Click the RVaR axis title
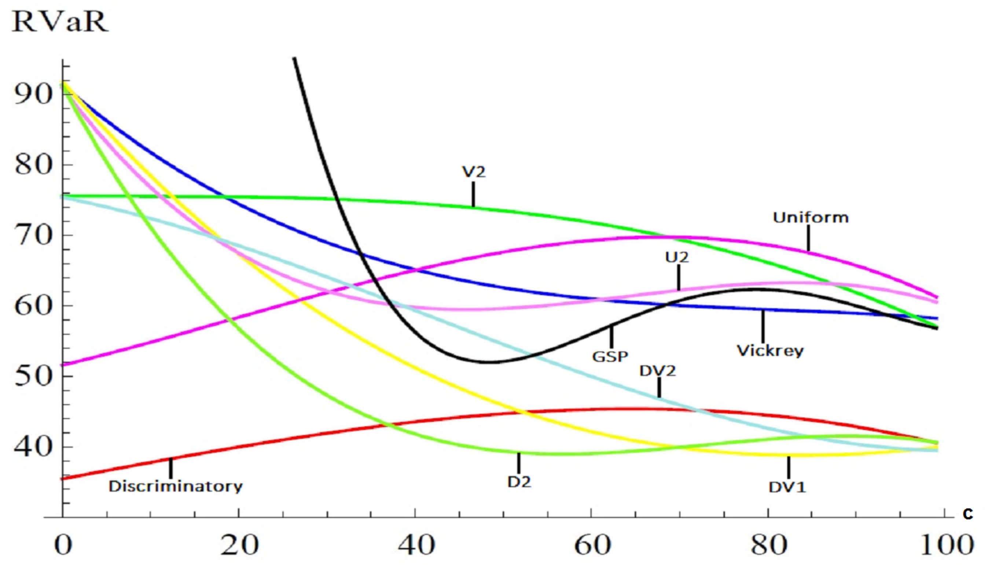click(x=60, y=22)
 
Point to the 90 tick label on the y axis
click(x=33, y=94)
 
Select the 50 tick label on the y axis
click(x=33, y=376)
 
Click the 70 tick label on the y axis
click(x=33, y=235)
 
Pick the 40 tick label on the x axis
click(x=416, y=545)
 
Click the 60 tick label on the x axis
click(x=592, y=545)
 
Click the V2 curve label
click(x=474, y=171)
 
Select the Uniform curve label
click(x=811, y=217)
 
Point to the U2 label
click(x=677, y=257)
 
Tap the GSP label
click(x=610, y=356)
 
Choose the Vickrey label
click(x=770, y=350)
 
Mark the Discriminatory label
click(x=176, y=486)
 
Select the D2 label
click(x=519, y=482)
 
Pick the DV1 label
click(x=787, y=487)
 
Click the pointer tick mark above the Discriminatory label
click(x=170, y=468)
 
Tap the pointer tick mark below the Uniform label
click(x=808, y=238)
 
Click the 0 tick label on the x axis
click(x=63, y=545)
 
